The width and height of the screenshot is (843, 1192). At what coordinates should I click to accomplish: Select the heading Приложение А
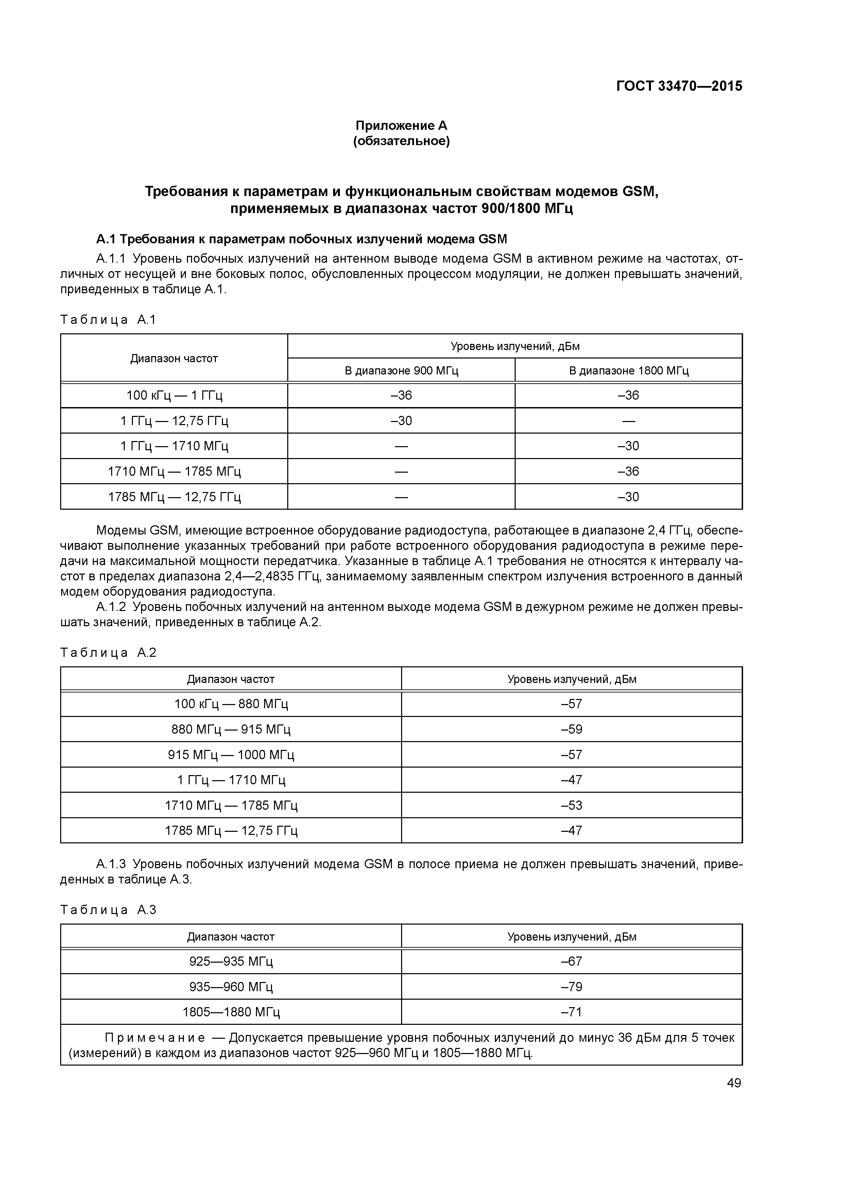coord(401,126)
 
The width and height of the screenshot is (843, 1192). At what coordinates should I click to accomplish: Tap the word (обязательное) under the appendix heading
coord(401,141)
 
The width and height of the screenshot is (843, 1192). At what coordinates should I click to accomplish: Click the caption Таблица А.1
coord(108,320)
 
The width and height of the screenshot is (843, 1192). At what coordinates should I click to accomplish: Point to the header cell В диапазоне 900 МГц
coord(401,371)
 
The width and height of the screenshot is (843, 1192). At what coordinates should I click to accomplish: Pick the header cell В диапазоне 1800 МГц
coord(629,371)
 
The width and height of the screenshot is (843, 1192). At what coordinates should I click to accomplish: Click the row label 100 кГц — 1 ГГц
coord(174,396)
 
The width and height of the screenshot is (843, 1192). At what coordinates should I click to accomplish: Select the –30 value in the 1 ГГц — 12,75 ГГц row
coord(401,421)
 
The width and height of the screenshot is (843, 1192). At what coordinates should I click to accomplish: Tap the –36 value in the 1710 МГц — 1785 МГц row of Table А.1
coord(629,471)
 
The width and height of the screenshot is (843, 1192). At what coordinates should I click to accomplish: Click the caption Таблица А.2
coord(108,653)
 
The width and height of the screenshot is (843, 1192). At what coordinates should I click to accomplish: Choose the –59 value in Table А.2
coord(571,730)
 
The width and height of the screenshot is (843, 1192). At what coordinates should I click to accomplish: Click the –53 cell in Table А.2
coord(571,805)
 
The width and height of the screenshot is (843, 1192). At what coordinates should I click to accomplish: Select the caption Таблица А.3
coord(108,910)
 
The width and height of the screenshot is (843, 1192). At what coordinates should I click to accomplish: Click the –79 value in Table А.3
coord(571,986)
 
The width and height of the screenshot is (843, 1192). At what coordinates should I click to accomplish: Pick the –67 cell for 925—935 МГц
coord(571,962)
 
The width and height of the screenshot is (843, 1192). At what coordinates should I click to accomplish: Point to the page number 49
coord(734,1083)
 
